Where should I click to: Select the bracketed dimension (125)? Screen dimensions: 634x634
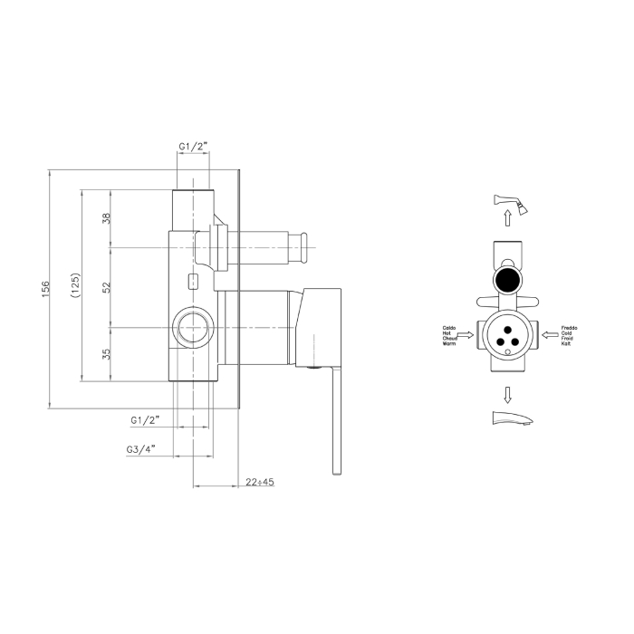coord(76,287)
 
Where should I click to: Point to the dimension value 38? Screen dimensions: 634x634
coord(106,218)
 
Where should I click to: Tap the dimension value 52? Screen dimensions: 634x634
coord(106,286)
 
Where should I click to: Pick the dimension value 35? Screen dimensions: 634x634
coord(106,354)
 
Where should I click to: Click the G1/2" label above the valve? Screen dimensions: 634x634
coord(193,147)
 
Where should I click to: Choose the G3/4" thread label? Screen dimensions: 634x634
coord(142,447)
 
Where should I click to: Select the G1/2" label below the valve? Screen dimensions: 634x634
coord(145,419)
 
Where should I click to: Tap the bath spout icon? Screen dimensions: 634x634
coord(508,420)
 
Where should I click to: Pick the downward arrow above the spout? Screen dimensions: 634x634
coord(508,393)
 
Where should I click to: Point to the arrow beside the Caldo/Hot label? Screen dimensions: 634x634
coord(465,334)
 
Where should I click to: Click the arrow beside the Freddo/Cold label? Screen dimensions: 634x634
coord(549,334)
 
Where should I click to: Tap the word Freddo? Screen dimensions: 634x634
coord(569,326)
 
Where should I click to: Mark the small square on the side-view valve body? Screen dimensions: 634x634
coord(192,280)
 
